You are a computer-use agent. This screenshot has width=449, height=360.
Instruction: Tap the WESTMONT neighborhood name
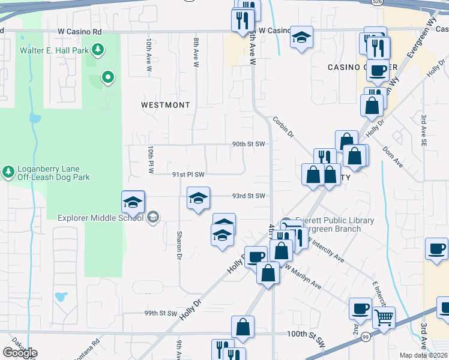(x=165, y=105)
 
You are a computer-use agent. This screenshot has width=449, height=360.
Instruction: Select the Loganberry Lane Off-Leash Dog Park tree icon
(x=8, y=173)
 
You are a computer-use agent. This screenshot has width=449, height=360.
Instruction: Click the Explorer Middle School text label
(x=100, y=217)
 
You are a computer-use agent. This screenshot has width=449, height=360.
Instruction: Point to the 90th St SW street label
(x=249, y=144)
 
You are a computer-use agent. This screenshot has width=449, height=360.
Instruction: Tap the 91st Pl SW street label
(x=188, y=175)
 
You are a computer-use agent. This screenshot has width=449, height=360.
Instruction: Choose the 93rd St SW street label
(x=249, y=196)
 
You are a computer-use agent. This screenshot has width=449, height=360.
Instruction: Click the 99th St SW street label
(x=160, y=313)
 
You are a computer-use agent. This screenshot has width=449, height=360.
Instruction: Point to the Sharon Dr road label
(x=179, y=245)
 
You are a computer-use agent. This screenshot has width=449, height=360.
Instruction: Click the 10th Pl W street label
(x=151, y=160)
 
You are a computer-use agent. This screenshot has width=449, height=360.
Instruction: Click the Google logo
(x=20, y=353)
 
